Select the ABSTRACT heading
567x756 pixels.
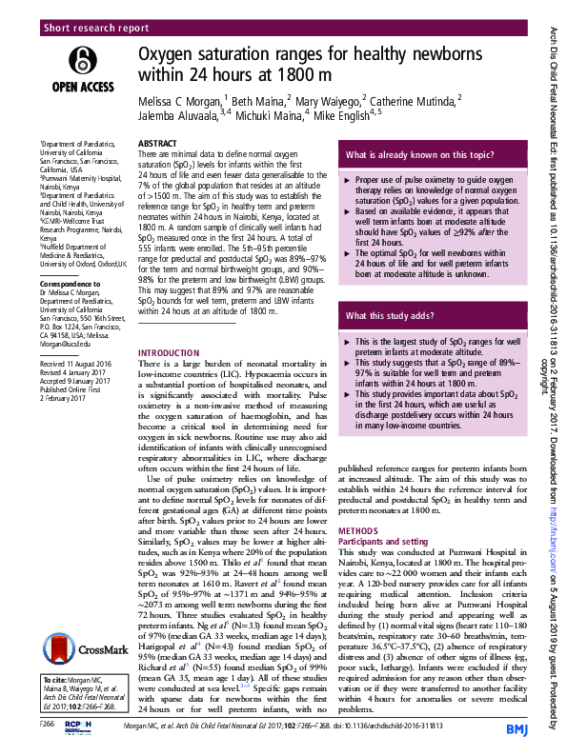[x=157, y=143]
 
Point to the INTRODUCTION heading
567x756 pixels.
[x=170, y=352]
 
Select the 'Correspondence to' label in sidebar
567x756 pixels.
[x=67, y=285]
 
